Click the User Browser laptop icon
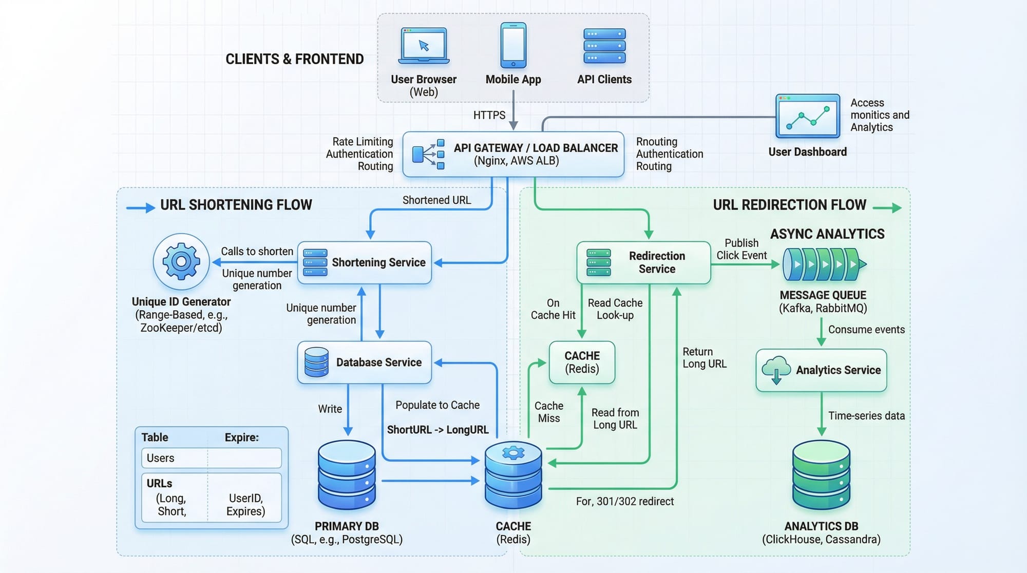pos(424,46)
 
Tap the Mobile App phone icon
pos(513,45)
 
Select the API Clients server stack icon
pos(604,46)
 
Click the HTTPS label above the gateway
pos(489,115)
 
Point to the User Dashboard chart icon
pos(807,116)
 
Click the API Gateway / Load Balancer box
pos(513,155)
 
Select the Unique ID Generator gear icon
pos(181,262)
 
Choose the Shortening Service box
pos(365,262)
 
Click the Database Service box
pos(365,362)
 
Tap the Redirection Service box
pos(643,262)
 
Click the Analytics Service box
pos(821,370)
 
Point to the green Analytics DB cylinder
pos(821,475)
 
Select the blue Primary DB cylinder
pos(347,475)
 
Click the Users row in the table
pos(211,458)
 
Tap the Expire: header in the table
pos(242,437)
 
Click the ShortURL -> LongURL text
pos(438,430)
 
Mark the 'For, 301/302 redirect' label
pos(624,501)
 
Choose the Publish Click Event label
pos(741,249)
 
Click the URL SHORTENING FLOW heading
pos(236,205)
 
